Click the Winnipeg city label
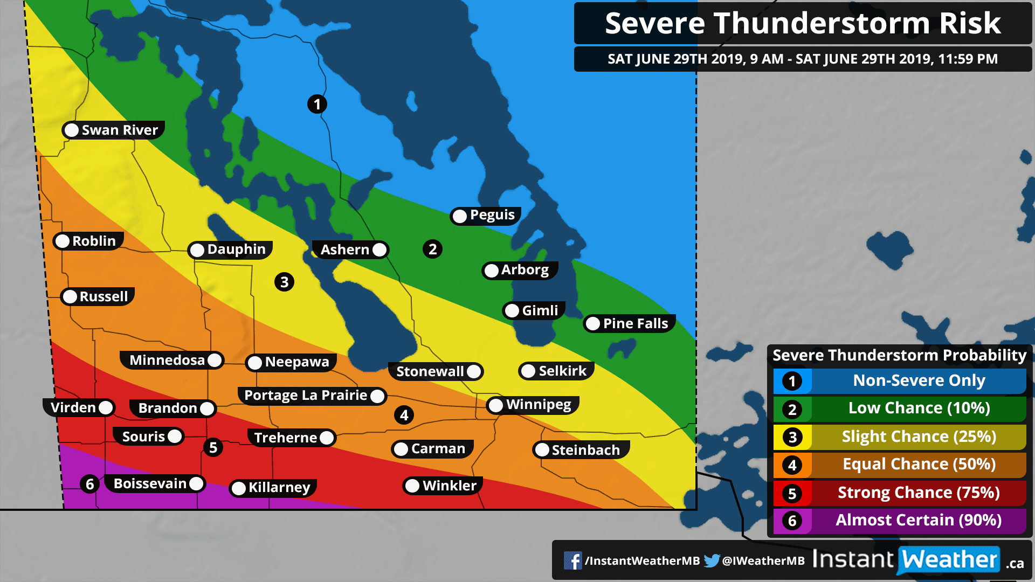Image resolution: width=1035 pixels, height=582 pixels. click(538, 405)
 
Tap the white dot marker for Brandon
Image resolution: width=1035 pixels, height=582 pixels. click(206, 408)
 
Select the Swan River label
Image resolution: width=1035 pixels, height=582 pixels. click(119, 130)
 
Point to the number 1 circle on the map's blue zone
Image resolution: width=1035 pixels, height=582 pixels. click(317, 104)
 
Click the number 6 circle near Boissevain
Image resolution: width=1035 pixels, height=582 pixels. click(90, 484)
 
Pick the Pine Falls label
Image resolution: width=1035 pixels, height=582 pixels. click(635, 323)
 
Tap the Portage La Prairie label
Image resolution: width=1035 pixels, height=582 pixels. click(306, 396)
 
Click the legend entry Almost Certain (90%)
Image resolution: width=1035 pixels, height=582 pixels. click(918, 520)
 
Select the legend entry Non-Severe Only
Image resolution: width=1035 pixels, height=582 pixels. click(918, 380)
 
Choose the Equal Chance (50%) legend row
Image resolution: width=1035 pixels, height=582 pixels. click(918, 464)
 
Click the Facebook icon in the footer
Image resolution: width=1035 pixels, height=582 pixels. click(572, 560)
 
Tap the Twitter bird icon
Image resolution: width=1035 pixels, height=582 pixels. click(712, 560)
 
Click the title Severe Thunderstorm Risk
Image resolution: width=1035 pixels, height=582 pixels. click(802, 23)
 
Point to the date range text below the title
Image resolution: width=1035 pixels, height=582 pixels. click(802, 59)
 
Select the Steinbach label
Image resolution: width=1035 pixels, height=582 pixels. click(585, 450)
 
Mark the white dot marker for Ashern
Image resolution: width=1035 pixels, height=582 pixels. click(379, 250)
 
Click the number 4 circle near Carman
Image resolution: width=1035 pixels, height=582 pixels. click(404, 415)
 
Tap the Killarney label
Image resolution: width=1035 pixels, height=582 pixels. click(279, 488)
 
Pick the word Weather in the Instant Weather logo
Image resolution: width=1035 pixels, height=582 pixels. click(949, 559)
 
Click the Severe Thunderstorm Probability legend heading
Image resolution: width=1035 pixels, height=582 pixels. click(899, 355)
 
